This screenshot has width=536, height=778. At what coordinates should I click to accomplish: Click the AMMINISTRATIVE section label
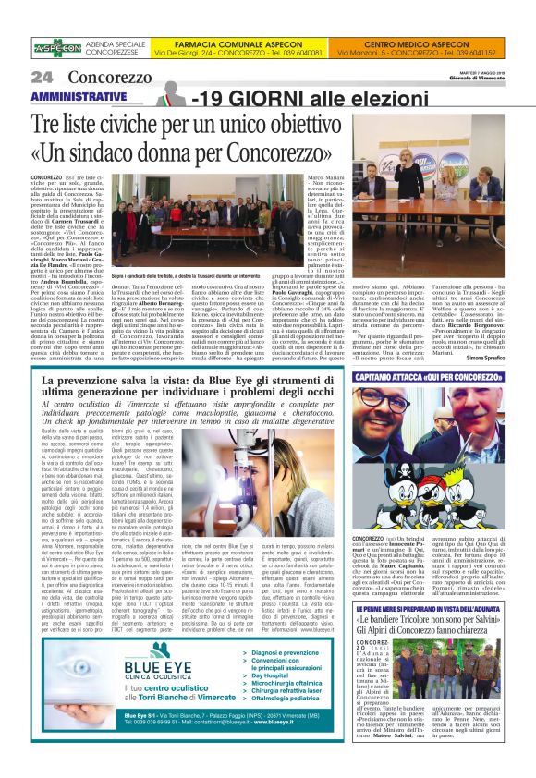pyautogui.click(x=79, y=97)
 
